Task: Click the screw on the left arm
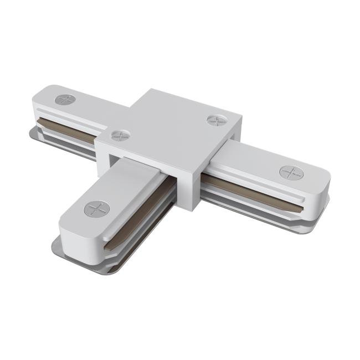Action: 65,100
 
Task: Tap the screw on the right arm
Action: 291,173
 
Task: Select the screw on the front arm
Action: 97,209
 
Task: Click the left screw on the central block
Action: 120,135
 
